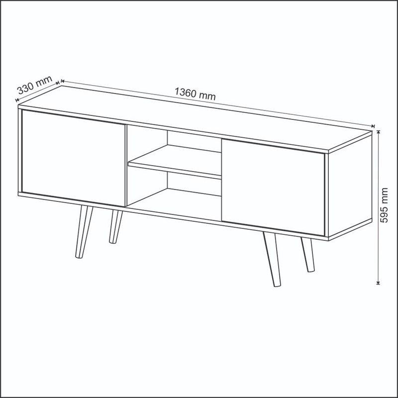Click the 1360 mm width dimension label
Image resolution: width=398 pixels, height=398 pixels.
point(195,94)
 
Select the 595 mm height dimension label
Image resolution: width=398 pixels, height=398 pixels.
point(384,205)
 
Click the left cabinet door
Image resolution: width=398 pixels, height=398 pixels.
point(73,158)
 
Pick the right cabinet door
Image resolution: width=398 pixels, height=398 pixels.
point(273,187)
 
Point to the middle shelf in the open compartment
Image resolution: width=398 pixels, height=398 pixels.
point(175,161)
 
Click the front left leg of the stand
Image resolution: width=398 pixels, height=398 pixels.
point(84,232)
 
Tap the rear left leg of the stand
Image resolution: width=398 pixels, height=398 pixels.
point(115,226)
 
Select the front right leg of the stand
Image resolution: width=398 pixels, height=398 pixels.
point(272,259)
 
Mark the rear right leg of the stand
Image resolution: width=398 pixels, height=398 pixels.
point(308,255)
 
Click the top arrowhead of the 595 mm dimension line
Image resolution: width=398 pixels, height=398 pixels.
point(378,132)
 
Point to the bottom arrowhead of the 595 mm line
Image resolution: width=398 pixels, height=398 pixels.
point(378,283)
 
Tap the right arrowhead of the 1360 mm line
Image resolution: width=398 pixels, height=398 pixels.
point(373,126)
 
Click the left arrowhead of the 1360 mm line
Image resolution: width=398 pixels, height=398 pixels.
point(63,81)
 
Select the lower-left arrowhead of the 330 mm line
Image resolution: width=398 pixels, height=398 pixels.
point(17,100)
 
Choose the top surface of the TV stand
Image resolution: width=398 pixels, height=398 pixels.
point(195,118)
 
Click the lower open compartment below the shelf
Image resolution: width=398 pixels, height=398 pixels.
point(174,195)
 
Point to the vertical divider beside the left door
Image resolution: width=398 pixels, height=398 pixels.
point(126,165)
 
